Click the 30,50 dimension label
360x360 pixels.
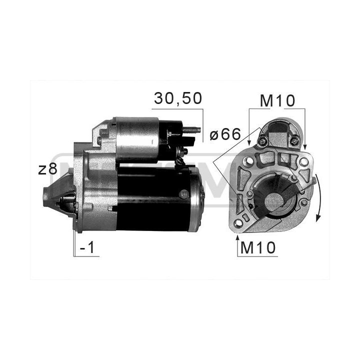pos(178,98)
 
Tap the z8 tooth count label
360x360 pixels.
pos(47,169)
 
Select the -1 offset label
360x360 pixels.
pos(87,247)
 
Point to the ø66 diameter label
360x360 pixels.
pos(225,134)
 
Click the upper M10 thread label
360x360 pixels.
pos(277,101)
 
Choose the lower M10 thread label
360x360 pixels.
pos(257,247)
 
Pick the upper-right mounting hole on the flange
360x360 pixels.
pos(304,161)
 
